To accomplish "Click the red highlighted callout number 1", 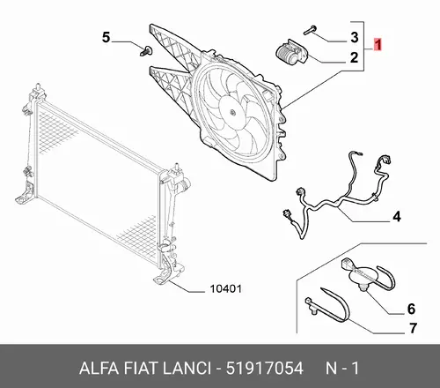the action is [x=378, y=45].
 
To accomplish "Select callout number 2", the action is [x=355, y=57].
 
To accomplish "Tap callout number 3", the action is [x=355, y=37].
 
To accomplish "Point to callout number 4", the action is [x=397, y=217].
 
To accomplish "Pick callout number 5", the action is [x=106, y=37].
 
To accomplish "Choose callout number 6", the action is [x=411, y=309].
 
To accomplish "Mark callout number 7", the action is [x=413, y=328].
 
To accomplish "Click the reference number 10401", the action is [x=226, y=289].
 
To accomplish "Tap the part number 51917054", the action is [x=265, y=368].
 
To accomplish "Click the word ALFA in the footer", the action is [x=99, y=368].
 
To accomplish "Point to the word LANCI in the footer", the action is [x=187, y=368].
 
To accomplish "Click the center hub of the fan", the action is [x=232, y=112].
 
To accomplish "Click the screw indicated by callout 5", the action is [x=146, y=51].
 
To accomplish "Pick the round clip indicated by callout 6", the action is [x=363, y=276].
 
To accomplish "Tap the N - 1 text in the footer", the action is [x=342, y=368].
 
